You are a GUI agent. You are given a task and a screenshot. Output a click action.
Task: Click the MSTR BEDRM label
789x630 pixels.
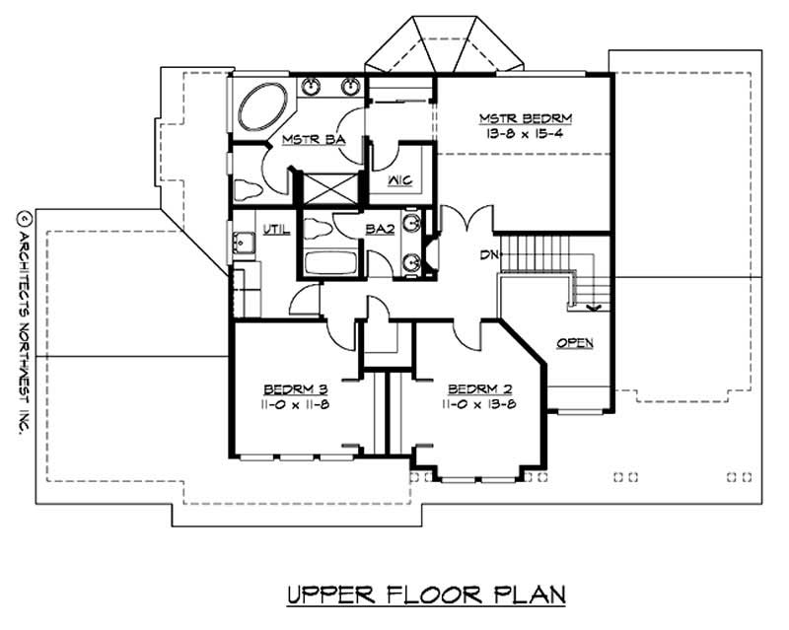click(x=526, y=118)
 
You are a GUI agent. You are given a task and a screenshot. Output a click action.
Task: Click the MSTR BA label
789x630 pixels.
click(x=312, y=140)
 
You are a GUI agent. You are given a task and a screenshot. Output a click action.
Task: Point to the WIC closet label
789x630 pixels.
click(x=399, y=180)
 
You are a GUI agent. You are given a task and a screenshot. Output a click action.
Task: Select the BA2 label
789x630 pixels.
click(x=381, y=229)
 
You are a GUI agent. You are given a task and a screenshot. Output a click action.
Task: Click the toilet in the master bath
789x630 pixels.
click(x=247, y=188)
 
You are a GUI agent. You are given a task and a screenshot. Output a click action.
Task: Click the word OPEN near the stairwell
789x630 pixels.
click(x=575, y=343)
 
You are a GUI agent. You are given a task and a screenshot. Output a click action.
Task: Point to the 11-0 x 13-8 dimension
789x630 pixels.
click(x=478, y=403)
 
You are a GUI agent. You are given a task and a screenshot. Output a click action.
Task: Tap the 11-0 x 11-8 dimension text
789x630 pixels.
click(x=293, y=403)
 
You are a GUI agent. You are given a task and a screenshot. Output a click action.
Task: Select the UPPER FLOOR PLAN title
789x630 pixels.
click(x=425, y=595)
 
